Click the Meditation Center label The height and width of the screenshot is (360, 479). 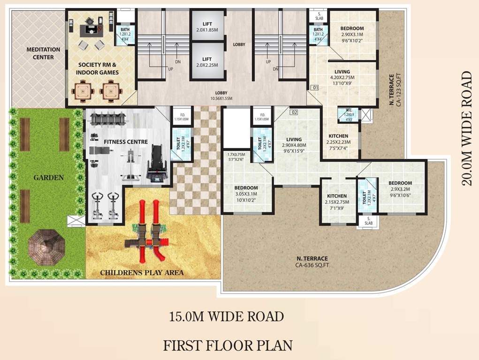tap(43, 53)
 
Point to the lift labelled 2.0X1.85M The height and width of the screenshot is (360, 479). tap(207, 27)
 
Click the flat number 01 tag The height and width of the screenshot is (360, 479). tap(315, 87)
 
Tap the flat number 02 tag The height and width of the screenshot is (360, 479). tap(294, 112)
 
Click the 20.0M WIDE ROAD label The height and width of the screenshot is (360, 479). tap(467, 128)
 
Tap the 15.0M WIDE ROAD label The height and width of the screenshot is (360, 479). tap(227, 316)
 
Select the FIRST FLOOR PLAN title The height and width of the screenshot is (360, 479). tap(228, 345)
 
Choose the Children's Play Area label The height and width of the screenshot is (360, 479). tap(142, 272)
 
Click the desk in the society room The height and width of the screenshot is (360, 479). tap(91, 29)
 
